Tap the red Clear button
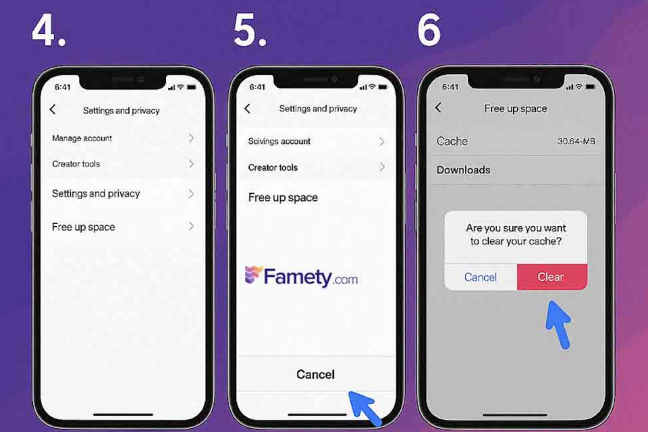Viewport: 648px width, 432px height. [x=551, y=277]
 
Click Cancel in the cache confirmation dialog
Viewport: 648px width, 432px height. [x=480, y=277]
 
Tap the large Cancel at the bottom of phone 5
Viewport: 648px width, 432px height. [x=315, y=375]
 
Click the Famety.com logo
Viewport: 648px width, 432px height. [x=301, y=276]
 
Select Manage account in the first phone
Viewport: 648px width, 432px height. [x=82, y=138]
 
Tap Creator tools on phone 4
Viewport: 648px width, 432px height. [x=76, y=164]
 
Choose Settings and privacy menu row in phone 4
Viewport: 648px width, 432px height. [x=96, y=194]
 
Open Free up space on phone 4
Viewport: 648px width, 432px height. [x=84, y=227]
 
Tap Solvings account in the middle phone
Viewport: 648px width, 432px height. [x=279, y=141]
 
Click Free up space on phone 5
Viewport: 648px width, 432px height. [x=283, y=198]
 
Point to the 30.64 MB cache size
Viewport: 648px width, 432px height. [x=576, y=141]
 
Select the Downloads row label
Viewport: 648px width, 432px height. [x=463, y=170]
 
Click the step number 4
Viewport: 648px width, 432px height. [x=49, y=31]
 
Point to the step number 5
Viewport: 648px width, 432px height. [x=250, y=30]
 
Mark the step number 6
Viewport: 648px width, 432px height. [x=429, y=30]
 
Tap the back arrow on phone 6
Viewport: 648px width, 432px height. [x=438, y=108]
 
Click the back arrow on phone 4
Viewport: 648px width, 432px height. [x=53, y=109]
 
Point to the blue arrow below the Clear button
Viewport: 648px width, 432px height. [x=559, y=325]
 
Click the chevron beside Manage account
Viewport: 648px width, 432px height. [x=191, y=138]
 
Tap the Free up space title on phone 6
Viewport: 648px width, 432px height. [x=515, y=109]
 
